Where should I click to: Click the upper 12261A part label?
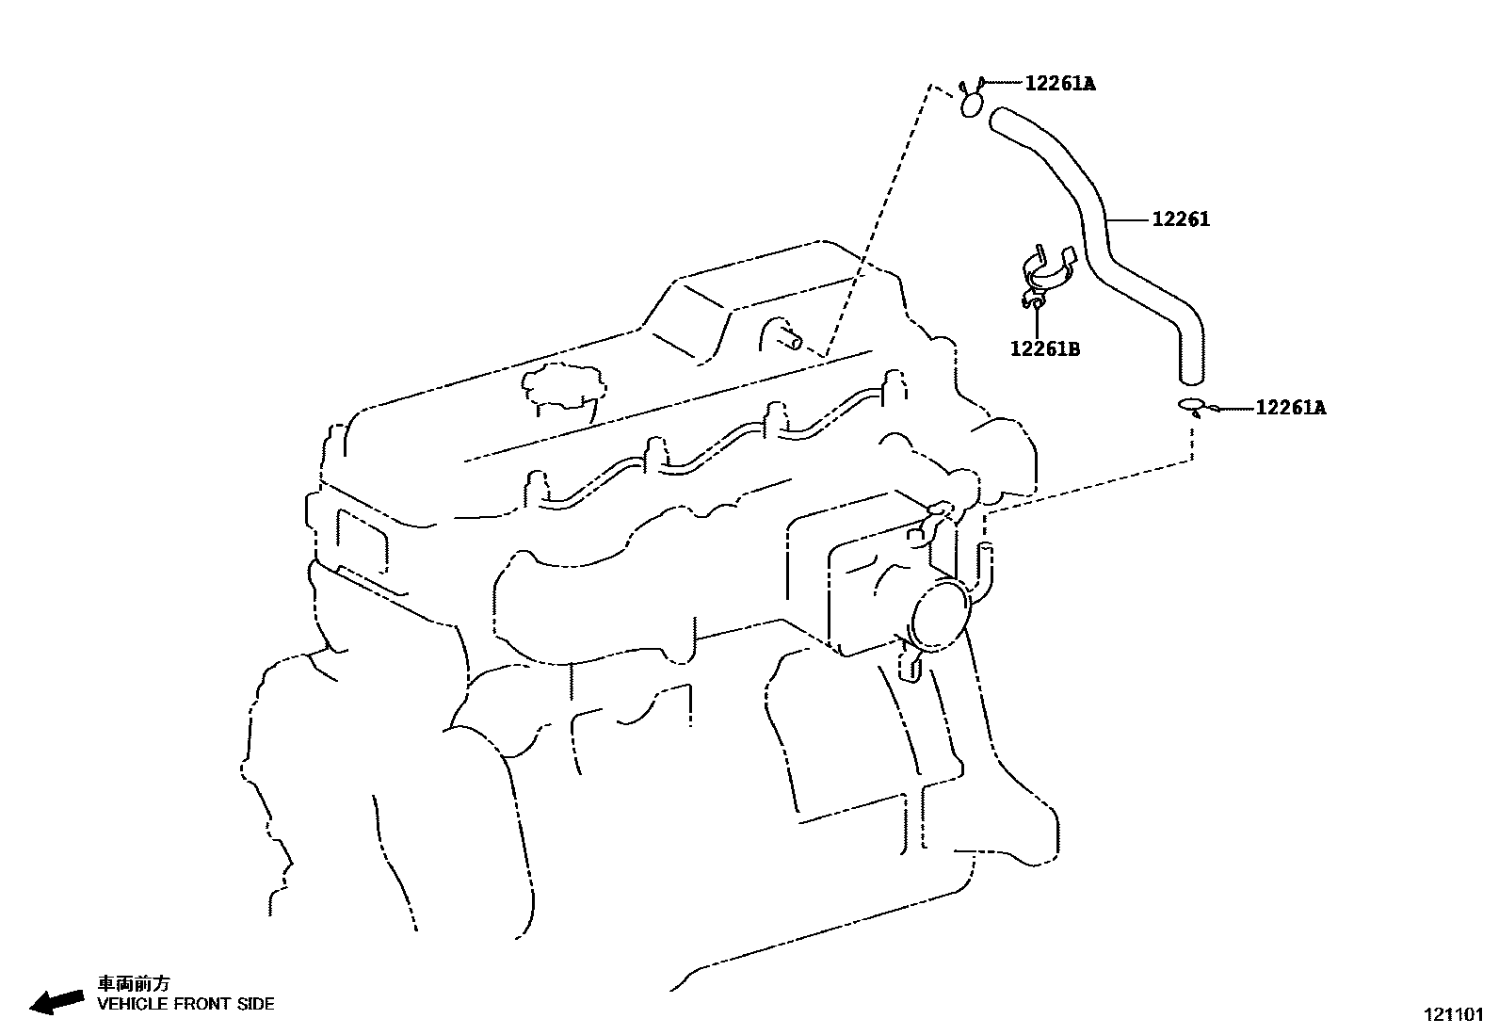point(1059,84)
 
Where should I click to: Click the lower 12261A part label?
point(1290,408)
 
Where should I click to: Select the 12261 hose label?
point(1181,219)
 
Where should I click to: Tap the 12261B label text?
point(1044,349)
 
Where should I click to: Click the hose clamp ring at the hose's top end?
point(972,104)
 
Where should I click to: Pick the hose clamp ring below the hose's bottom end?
point(1191,406)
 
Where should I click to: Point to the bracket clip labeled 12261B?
point(1045,273)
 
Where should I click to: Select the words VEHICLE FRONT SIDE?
point(186,1004)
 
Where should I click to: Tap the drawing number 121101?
point(1453,1015)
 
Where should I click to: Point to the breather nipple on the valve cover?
point(782,334)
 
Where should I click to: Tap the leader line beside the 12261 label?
point(1129,220)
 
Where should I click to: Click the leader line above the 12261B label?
point(1036,320)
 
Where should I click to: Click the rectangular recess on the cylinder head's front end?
point(360,541)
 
